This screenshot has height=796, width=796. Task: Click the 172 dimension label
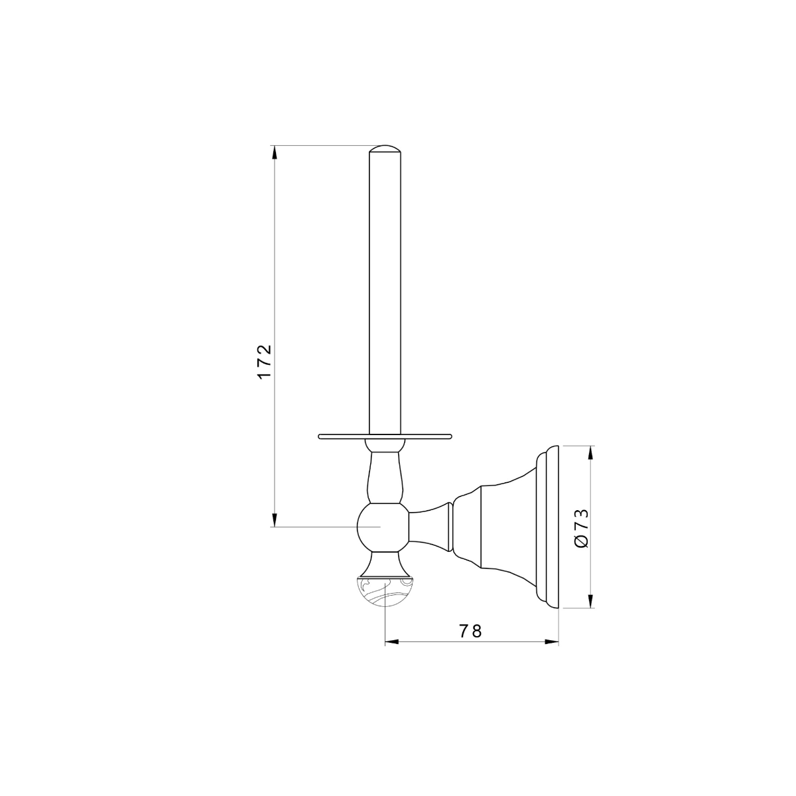click(265, 362)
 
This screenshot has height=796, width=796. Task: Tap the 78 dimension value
click(470, 631)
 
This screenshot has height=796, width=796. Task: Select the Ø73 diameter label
click(581, 528)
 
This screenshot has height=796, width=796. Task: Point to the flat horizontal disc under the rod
click(385, 436)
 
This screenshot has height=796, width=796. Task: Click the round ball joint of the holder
click(383, 527)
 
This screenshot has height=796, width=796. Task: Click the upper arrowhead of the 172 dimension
click(274, 153)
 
